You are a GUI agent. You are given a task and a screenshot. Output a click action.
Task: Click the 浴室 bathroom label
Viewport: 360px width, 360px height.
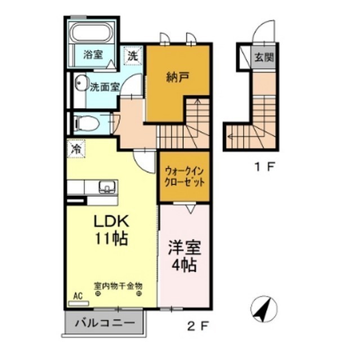(x=92, y=55)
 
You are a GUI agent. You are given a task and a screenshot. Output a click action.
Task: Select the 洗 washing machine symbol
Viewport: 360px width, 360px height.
(x=132, y=56)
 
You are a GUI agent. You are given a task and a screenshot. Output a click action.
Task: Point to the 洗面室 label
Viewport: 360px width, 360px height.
(x=105, y=87)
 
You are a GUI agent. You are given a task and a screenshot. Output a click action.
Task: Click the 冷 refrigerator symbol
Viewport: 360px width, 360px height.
(x=75, y=149)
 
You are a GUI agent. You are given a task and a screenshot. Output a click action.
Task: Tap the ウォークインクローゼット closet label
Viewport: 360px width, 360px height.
(x=184, y=177)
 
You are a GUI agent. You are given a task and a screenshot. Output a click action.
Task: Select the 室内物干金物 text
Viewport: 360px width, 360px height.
(x=118, y=285)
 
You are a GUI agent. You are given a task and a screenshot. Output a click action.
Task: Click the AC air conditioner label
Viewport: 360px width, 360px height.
(x=76, y=295)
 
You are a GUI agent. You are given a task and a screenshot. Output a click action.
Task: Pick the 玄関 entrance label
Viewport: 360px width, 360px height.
(x=263, y=57)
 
